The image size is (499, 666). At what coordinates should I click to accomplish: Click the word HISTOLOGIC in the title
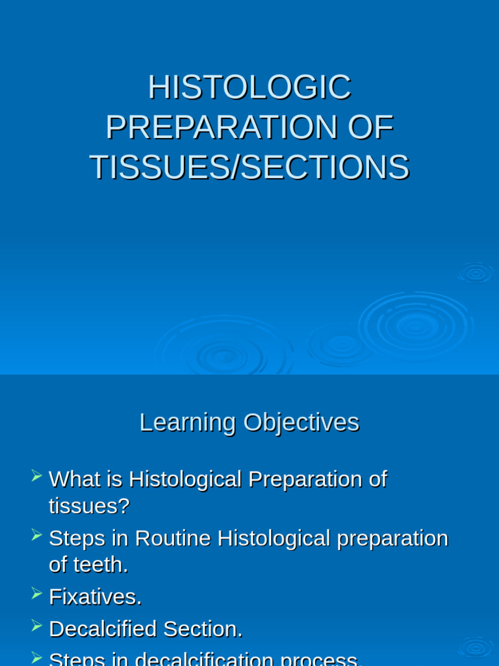(x=249, y=87)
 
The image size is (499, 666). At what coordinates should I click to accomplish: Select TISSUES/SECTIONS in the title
(x=249, y=167)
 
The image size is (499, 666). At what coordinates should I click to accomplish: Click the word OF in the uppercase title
(x=370, y=127)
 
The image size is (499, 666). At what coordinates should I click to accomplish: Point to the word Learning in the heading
(x=187, y=422)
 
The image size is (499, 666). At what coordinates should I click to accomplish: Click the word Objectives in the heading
(x=301, y=422)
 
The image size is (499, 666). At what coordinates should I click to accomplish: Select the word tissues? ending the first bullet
(x=89, y=506)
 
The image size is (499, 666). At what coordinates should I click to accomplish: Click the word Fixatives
(x=95, y=596)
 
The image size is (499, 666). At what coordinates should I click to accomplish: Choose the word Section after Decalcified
(x=202, y=629)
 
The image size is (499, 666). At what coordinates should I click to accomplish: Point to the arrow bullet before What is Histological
(x=37, y=476)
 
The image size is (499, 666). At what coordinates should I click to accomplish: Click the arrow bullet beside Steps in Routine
(x=37, y=535)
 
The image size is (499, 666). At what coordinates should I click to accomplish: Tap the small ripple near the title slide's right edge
(x=476, y=273)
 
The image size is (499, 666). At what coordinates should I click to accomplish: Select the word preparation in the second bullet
(x=392, y=539)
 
